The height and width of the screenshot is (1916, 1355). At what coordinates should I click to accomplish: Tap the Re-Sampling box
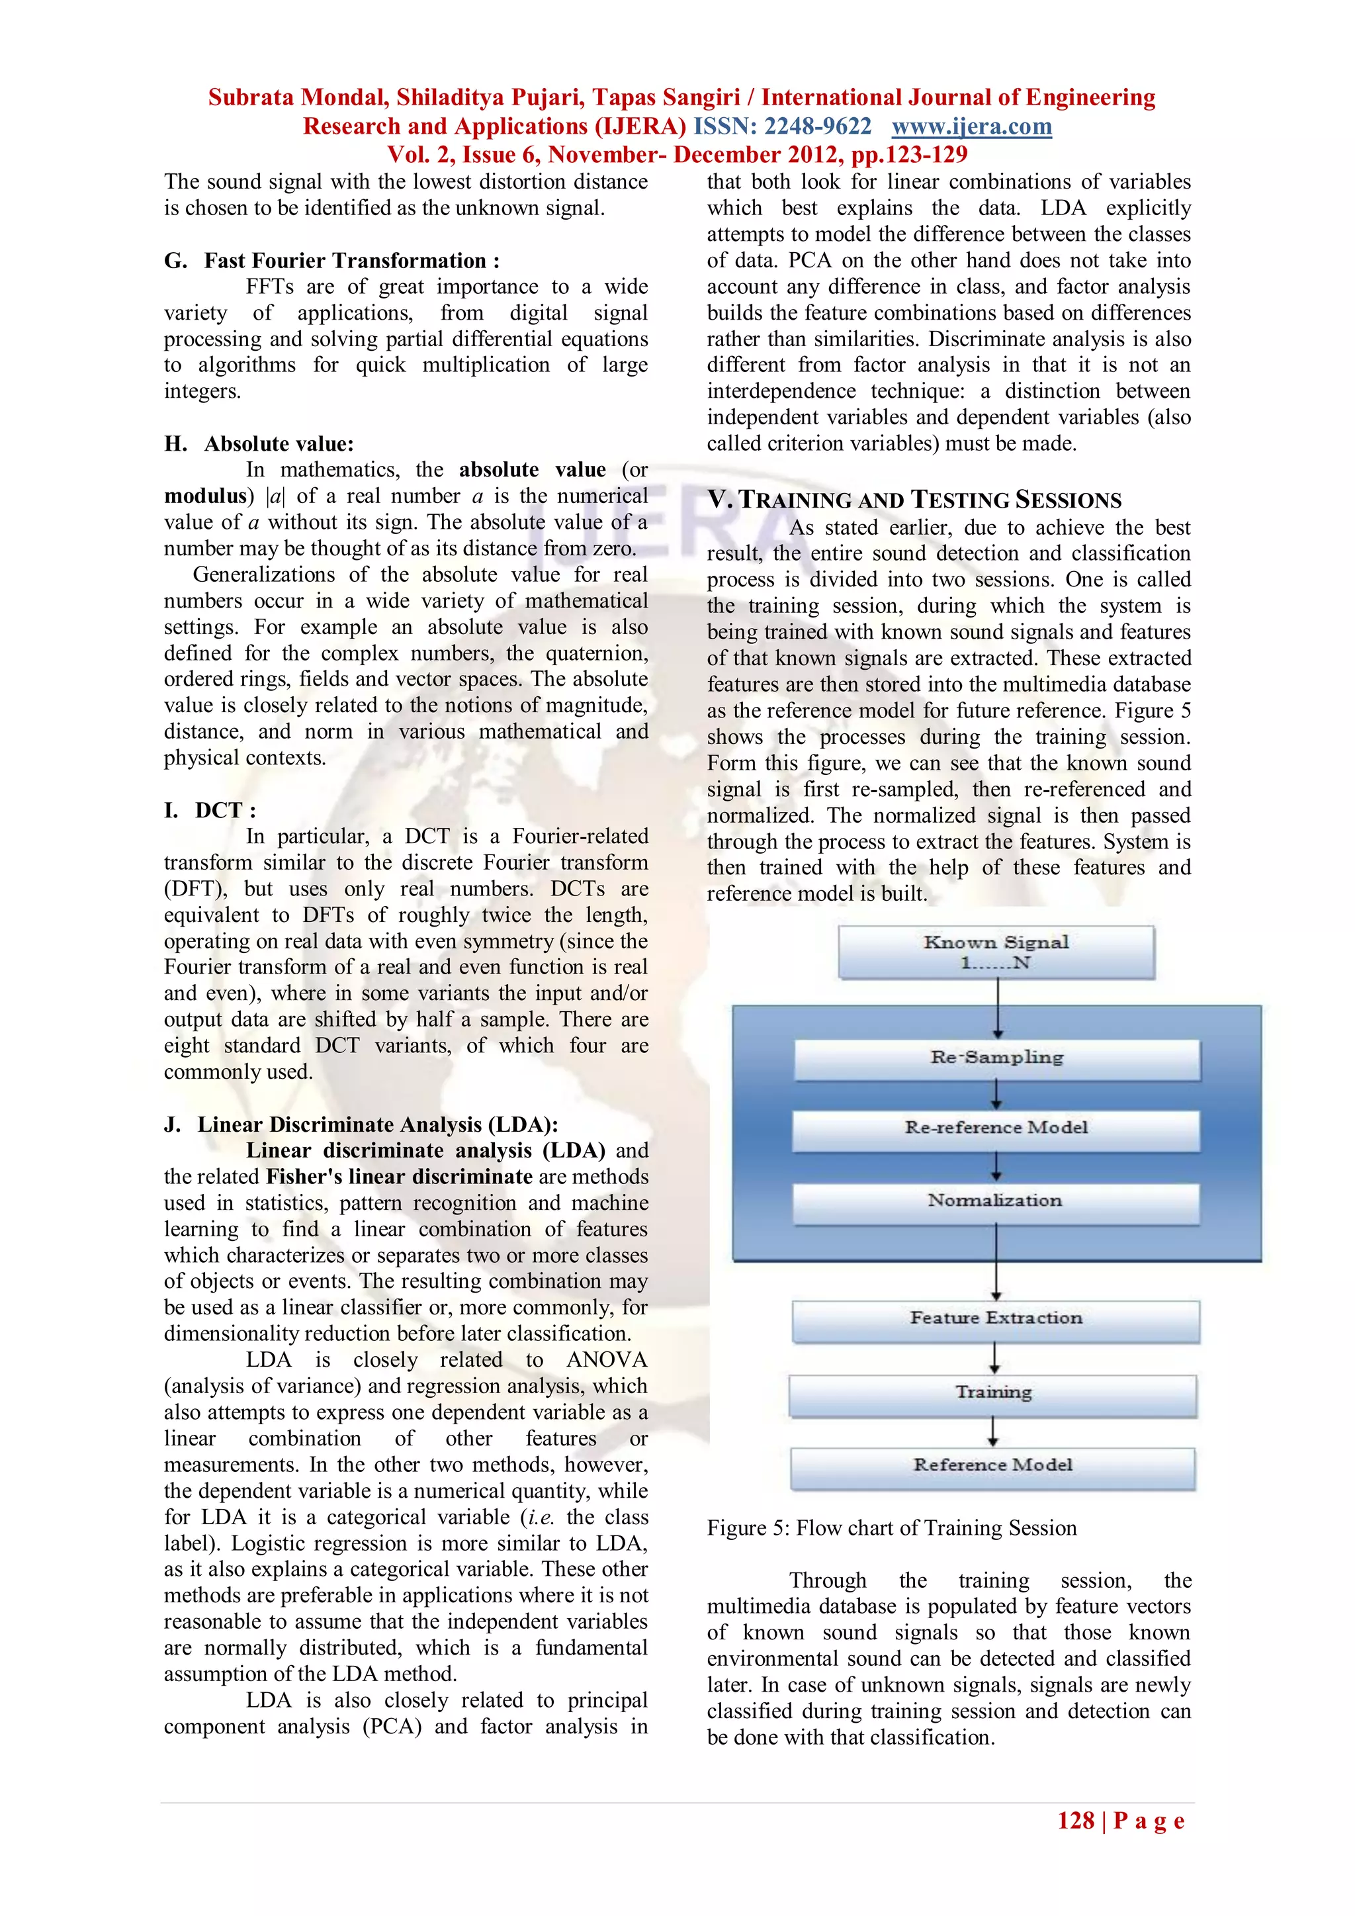(x=997, y=1058)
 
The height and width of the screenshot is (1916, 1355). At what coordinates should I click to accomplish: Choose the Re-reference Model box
(x=996, y=1128)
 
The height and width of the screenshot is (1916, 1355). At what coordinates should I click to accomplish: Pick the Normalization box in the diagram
(x=995, y=1202)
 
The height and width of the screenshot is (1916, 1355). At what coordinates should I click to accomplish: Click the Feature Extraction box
(x=995, y=1319)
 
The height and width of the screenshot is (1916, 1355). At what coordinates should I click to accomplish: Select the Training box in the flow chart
(x=993, y=1392)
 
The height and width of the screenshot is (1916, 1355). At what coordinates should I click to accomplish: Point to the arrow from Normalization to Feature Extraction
(x=996, y=1261)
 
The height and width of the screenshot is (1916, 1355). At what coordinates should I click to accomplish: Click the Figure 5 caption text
(x=891, y=1528)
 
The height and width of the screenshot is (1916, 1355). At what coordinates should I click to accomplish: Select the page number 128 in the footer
(x=1076, y=1821)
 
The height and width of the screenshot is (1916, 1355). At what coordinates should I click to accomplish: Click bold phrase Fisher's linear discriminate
(x=399, y=1177)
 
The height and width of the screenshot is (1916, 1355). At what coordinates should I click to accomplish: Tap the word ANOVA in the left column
(x=606, y=1359)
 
